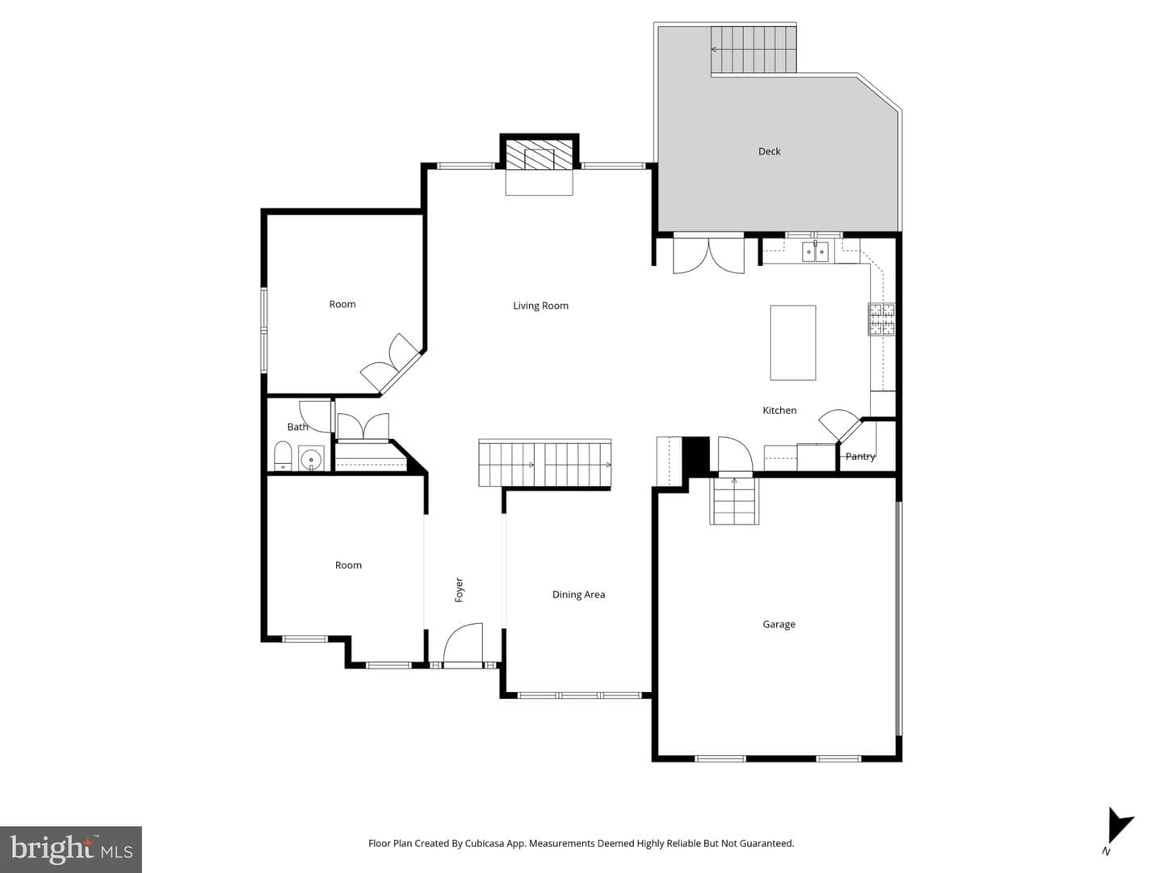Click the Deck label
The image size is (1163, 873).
[769, 152]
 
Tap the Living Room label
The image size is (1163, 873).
[540, 306]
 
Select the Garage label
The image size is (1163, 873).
[779, 624]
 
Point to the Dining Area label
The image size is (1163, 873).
[578, 595]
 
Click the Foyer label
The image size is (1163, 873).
[459, 590]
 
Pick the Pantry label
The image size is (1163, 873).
[860, 457]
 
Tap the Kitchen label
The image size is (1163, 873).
[779, 411]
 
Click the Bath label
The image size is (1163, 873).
[297, 427]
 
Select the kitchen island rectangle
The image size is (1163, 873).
[792, 343]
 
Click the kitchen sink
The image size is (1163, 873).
[815, 251]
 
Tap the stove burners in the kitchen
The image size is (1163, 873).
[880, 319]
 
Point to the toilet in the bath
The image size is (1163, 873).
[283, 456]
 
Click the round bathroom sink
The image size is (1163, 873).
[311, 458]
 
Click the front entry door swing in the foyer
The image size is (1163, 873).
[463, 643]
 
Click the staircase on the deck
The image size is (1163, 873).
[754, 49]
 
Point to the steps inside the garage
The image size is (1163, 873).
[734, 501]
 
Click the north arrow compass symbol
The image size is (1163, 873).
[1119, 831]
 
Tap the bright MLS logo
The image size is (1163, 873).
[70, 849]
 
